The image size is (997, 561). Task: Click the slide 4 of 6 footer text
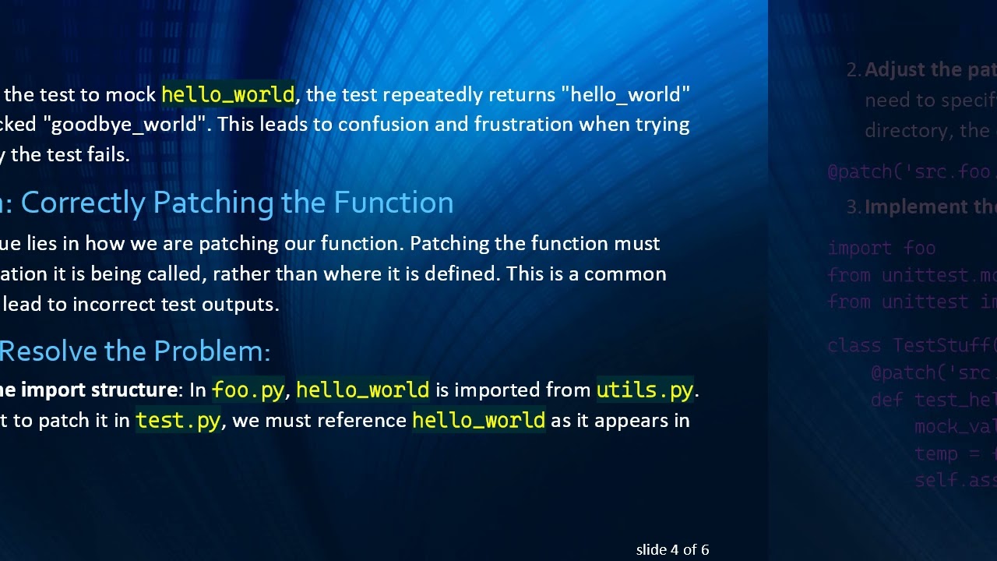click(x=672, y=549)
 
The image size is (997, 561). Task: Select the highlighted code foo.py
click(x=248, y=390)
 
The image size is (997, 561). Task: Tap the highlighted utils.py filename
click(x=645, y=390)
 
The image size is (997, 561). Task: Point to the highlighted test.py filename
click(x=178, y=421)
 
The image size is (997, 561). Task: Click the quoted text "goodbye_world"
click(x=124, y=125)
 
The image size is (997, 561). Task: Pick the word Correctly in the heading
click(x=83, y=203)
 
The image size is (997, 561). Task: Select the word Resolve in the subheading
click(x=48, y=351)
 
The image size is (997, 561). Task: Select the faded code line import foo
click(x=881, y=248)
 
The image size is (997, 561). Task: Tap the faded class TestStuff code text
click(x=911, y=345)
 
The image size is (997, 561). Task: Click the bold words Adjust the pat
click(x=930, y=70)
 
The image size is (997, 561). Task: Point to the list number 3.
click(x=853, y=206)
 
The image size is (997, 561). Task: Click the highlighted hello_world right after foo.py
click(x=362, y=390)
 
